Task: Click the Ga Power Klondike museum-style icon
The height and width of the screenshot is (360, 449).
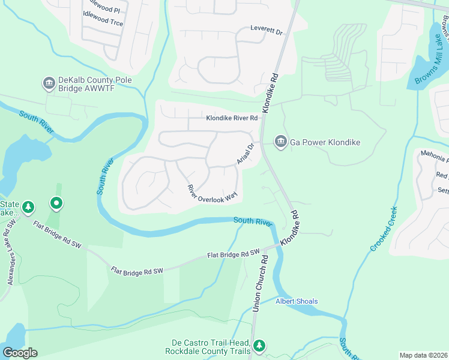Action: coord(280,142)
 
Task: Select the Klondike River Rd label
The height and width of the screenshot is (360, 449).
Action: coord(232,119)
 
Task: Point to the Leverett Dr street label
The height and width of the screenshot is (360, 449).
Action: coord(266,31)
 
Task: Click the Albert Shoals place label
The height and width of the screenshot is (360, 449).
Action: coord(297,301)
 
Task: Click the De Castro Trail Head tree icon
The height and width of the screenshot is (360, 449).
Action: coord(259,346)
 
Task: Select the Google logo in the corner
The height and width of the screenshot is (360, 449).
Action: coord(20,353)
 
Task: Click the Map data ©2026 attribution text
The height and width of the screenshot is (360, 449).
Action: coord(423,355)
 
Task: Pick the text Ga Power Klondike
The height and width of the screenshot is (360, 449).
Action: coord(325,142)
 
